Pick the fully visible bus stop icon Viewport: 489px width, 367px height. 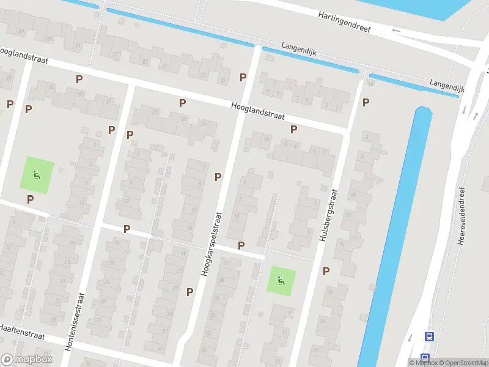[x=429, y=336]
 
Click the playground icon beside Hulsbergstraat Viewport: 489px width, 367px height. [x=281, y=281]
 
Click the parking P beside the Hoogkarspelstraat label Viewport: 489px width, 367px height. [x=218, y=177]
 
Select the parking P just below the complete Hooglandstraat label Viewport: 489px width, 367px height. [x=293, y=129]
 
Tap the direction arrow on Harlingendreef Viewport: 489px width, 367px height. [x=396, y=30]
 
